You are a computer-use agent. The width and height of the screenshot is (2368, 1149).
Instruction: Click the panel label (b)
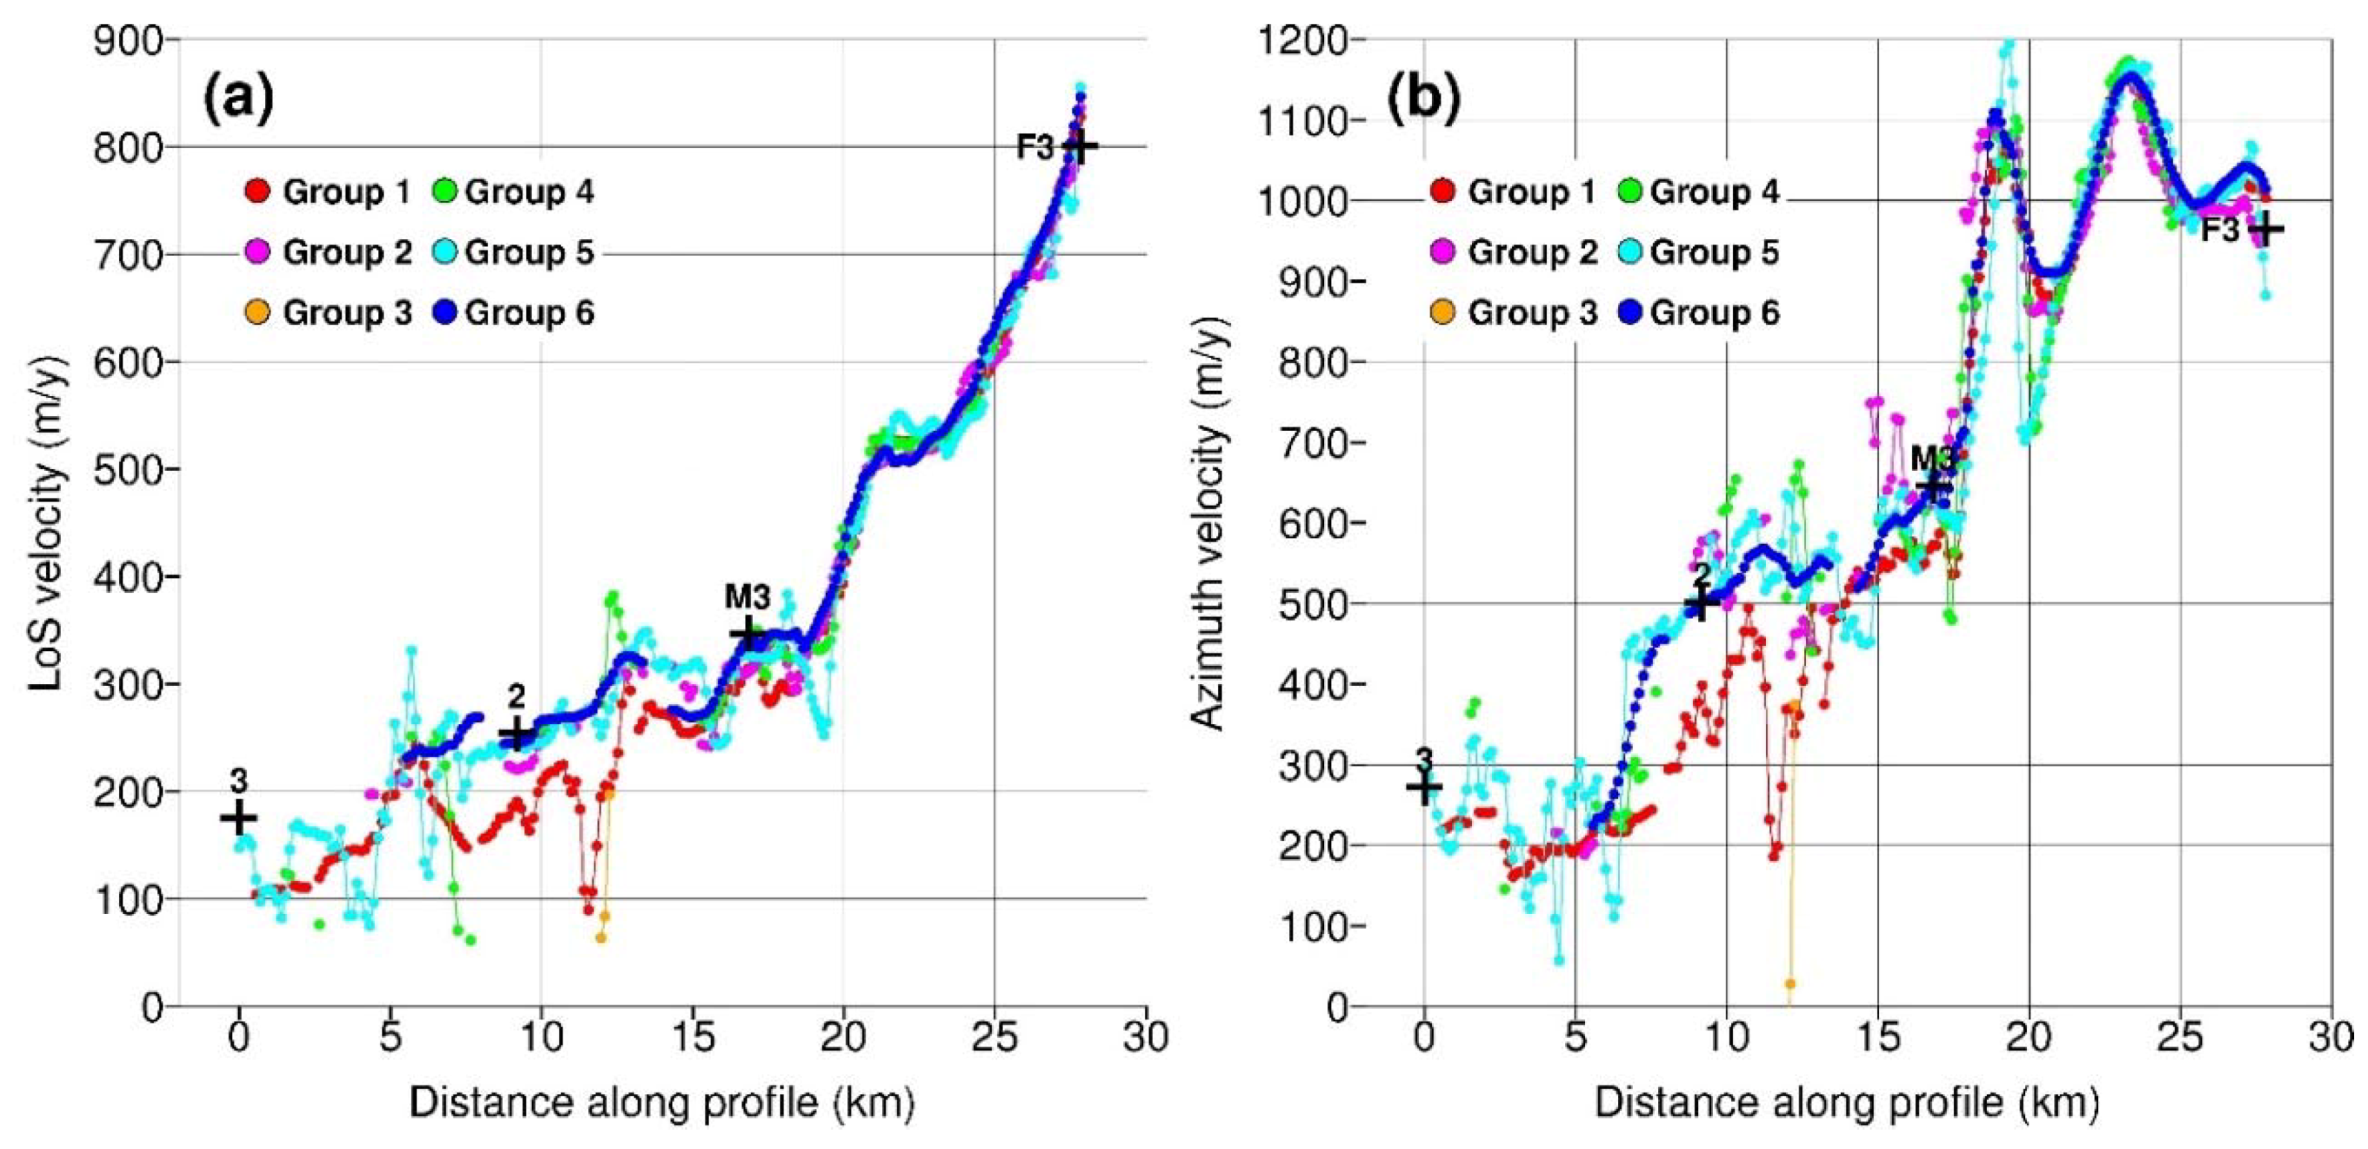1423,100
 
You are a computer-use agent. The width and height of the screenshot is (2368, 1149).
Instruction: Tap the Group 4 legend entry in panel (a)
511,192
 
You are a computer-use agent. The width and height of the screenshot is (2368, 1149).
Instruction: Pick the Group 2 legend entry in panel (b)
1514,252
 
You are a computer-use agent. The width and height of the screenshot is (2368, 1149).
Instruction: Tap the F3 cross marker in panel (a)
1079,145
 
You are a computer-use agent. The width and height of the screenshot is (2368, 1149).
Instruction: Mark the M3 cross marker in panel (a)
749,633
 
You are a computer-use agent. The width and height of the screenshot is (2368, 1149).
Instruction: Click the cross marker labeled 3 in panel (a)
238,816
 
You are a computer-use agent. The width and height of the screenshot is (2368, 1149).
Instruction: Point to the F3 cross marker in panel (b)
2266,229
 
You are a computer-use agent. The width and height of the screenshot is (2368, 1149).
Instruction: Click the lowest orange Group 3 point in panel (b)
1790,984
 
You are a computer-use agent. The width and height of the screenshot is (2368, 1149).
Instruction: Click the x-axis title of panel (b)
1846,1102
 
